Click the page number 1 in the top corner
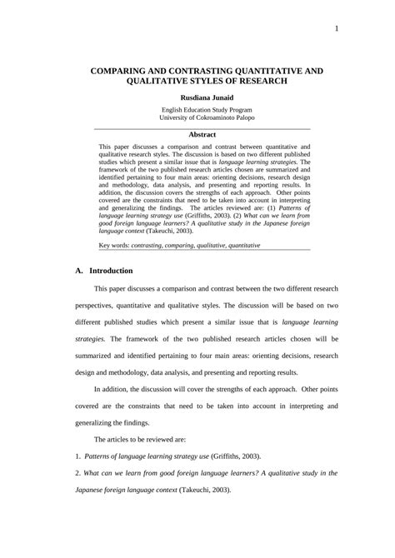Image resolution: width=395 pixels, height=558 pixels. (336, 29)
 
